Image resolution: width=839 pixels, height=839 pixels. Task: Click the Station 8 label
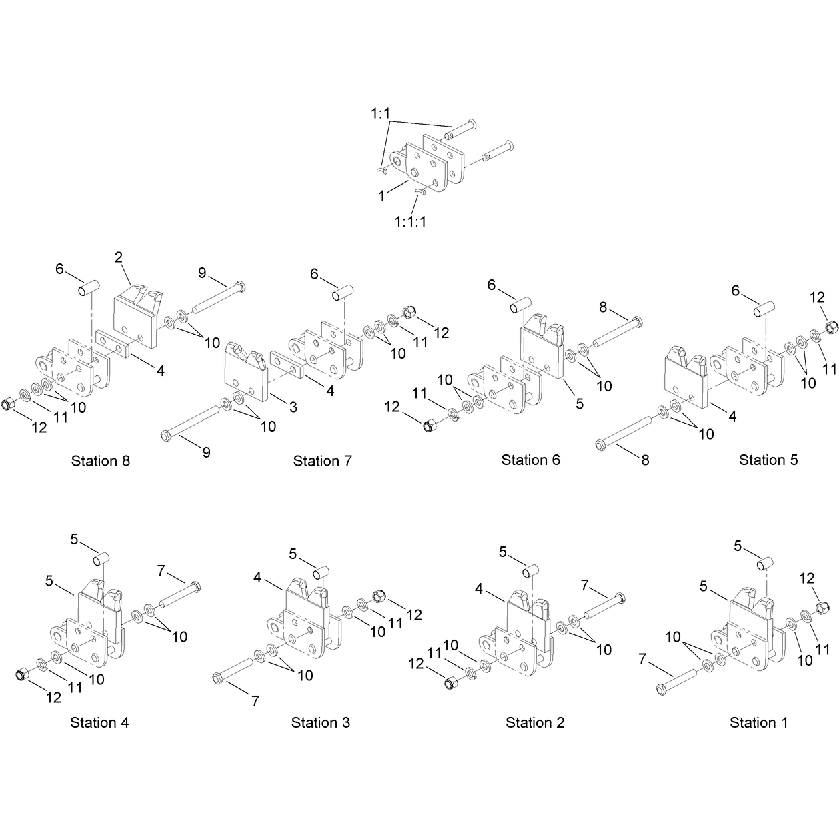pos(101,461)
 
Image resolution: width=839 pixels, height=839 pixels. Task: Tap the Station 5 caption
pos(768,460)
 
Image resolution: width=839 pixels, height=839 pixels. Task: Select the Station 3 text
pos(320,722)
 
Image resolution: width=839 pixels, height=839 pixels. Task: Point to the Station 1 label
pos(759,722)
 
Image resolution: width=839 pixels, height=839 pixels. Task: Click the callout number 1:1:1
pos(411,222)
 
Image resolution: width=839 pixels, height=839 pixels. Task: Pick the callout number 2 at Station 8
pos(119,257)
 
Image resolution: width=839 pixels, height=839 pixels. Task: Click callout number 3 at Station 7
pos(293,407)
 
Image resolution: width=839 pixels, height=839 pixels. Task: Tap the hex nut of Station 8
pos(9,403)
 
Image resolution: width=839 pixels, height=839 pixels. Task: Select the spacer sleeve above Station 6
pos(520,305)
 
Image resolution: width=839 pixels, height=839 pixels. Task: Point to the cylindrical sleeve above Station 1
pos(764,564)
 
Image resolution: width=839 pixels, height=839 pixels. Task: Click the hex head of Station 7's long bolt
pos(165,435)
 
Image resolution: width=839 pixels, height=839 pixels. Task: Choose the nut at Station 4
pos(21,674)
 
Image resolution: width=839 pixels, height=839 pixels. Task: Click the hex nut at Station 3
pos(379,596)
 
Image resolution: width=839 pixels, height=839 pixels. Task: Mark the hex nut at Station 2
pos(450,683)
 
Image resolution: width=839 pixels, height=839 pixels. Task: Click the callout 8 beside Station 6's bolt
pos(603,307)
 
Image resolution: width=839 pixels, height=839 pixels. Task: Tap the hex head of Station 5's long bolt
pos(601,445)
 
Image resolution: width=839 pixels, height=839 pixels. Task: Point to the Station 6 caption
pos(531,460)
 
